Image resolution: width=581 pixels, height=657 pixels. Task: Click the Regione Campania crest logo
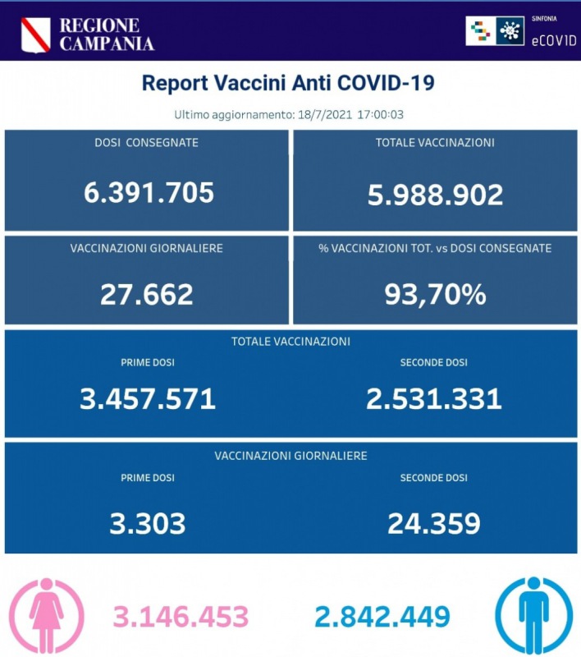[x=35, y=34]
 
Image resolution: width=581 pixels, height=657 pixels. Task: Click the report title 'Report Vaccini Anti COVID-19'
[x=288, y=83]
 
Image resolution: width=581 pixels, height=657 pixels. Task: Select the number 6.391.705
[x=149, y=192]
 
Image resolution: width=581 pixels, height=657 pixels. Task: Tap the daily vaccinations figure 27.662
[x=147, y=294]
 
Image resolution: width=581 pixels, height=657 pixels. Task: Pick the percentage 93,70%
[x=435, y=294]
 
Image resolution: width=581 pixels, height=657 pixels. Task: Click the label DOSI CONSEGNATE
[x=147, y=143]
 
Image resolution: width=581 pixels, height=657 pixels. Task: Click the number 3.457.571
[x=148, y=399]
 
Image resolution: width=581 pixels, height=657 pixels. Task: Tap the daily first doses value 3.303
[x=148, y=523]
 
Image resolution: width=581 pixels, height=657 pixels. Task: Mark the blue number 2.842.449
[x=382, y=615]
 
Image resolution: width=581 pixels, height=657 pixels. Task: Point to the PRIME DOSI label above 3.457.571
[x=148, y=362]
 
